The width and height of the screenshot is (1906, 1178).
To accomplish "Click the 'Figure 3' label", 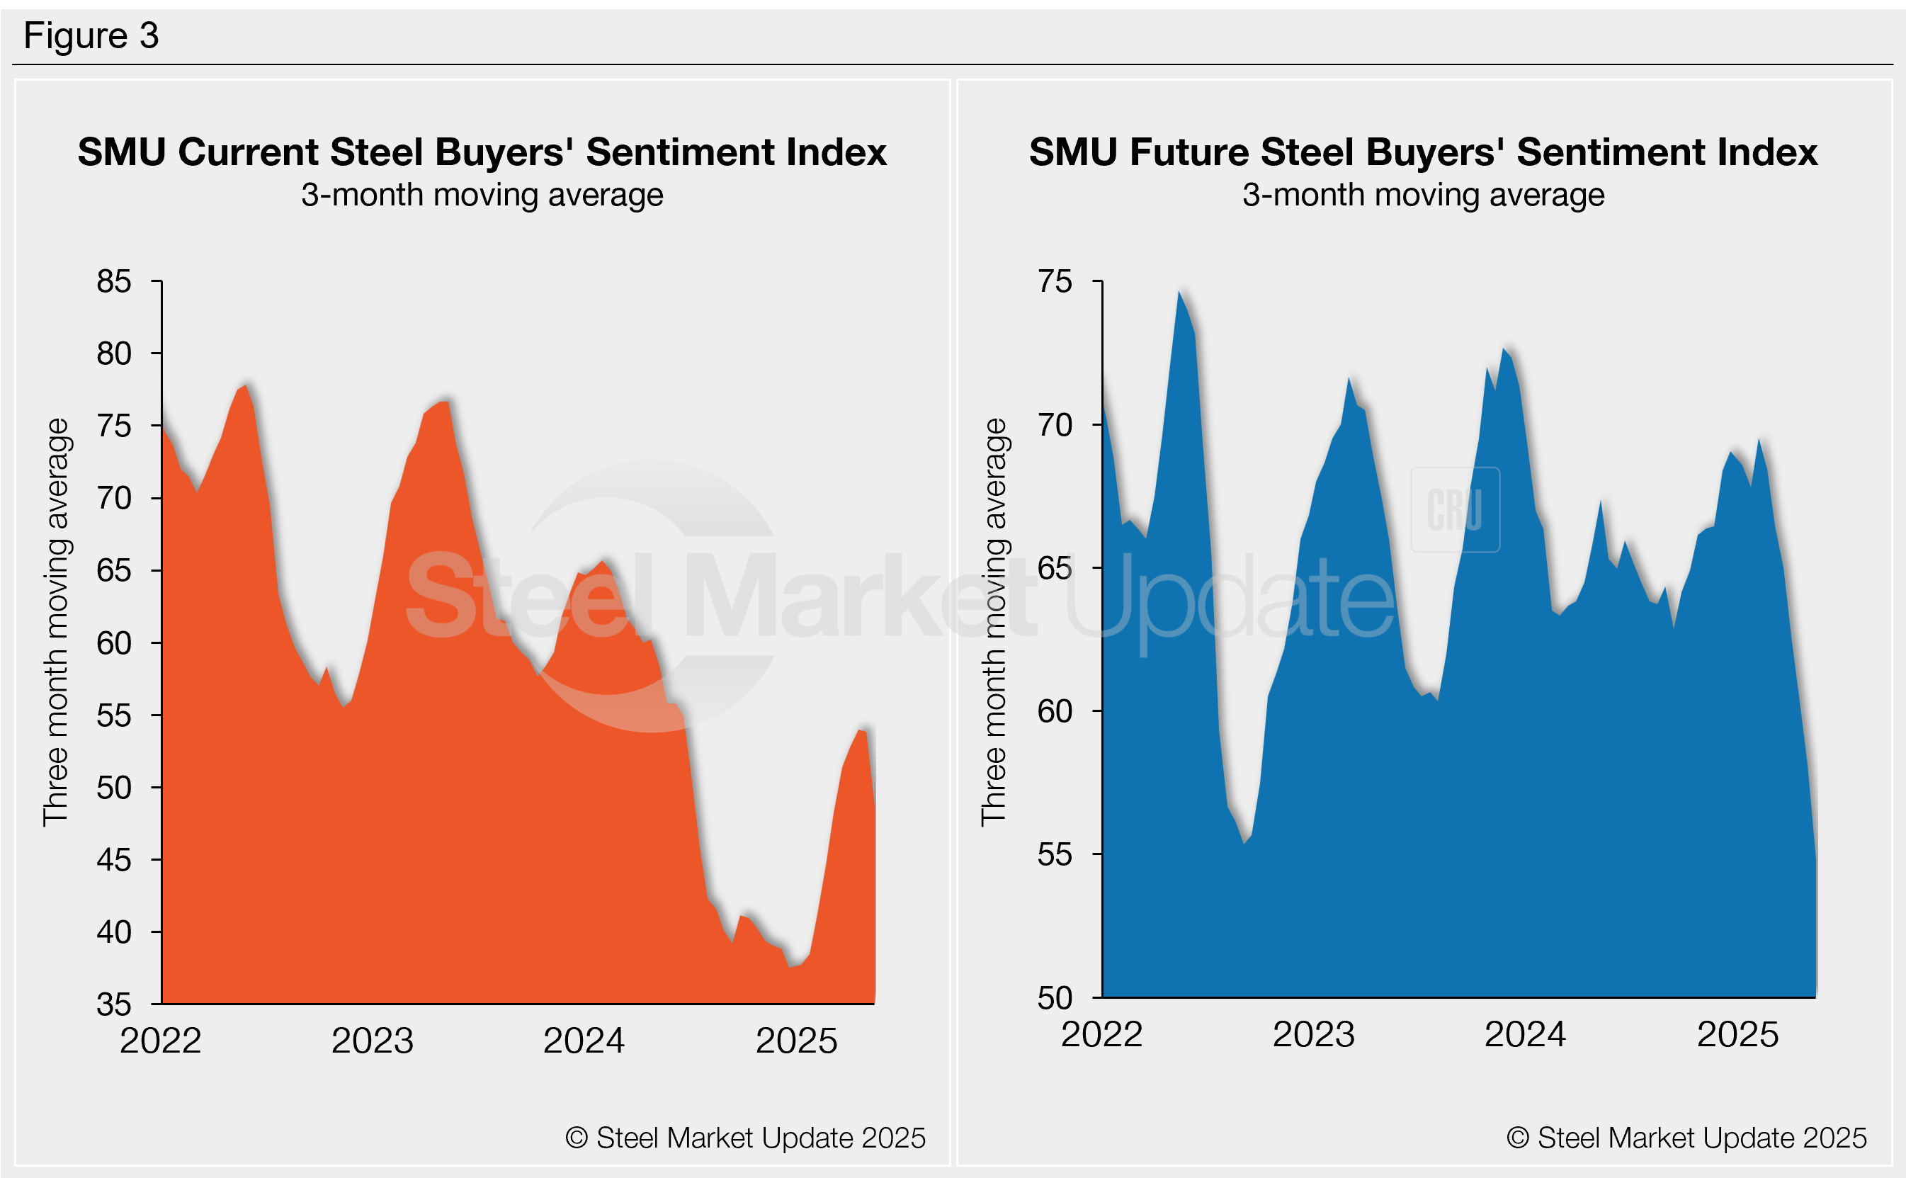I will coord(91,36).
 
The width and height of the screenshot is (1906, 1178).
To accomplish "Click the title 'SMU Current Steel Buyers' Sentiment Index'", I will coord(482,152).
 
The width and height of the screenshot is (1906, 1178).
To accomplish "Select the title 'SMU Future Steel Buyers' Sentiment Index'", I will coord(1423,152).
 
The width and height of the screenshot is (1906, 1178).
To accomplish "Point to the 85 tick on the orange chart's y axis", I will coord(114,281).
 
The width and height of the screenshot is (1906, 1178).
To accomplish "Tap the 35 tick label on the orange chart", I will coord(114,1004).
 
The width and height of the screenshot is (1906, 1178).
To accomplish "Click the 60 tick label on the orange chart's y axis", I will coord(114,643).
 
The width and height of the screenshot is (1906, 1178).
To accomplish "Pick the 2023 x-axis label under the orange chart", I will coord(373,1041).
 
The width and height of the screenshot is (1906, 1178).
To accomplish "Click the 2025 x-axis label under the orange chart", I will coord(796,1041).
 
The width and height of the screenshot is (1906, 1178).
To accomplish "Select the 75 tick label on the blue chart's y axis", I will coord(1055,281).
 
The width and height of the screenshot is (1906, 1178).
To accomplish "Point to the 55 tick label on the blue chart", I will coord(1055,856).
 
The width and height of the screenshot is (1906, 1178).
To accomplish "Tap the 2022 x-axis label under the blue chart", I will coord(1101,1035).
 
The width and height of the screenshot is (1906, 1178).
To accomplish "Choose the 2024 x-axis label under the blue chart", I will coord(1525,1035).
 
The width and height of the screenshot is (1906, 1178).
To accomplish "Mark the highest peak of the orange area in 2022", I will coord(246,385).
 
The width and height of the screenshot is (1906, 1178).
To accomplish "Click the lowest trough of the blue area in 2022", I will coord(1244,843).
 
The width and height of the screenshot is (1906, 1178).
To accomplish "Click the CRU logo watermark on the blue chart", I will coord(1455,509).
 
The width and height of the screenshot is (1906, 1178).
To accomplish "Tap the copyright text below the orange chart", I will coord(745,1138).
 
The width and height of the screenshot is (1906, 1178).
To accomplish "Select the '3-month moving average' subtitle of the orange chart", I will coord(482,195).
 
